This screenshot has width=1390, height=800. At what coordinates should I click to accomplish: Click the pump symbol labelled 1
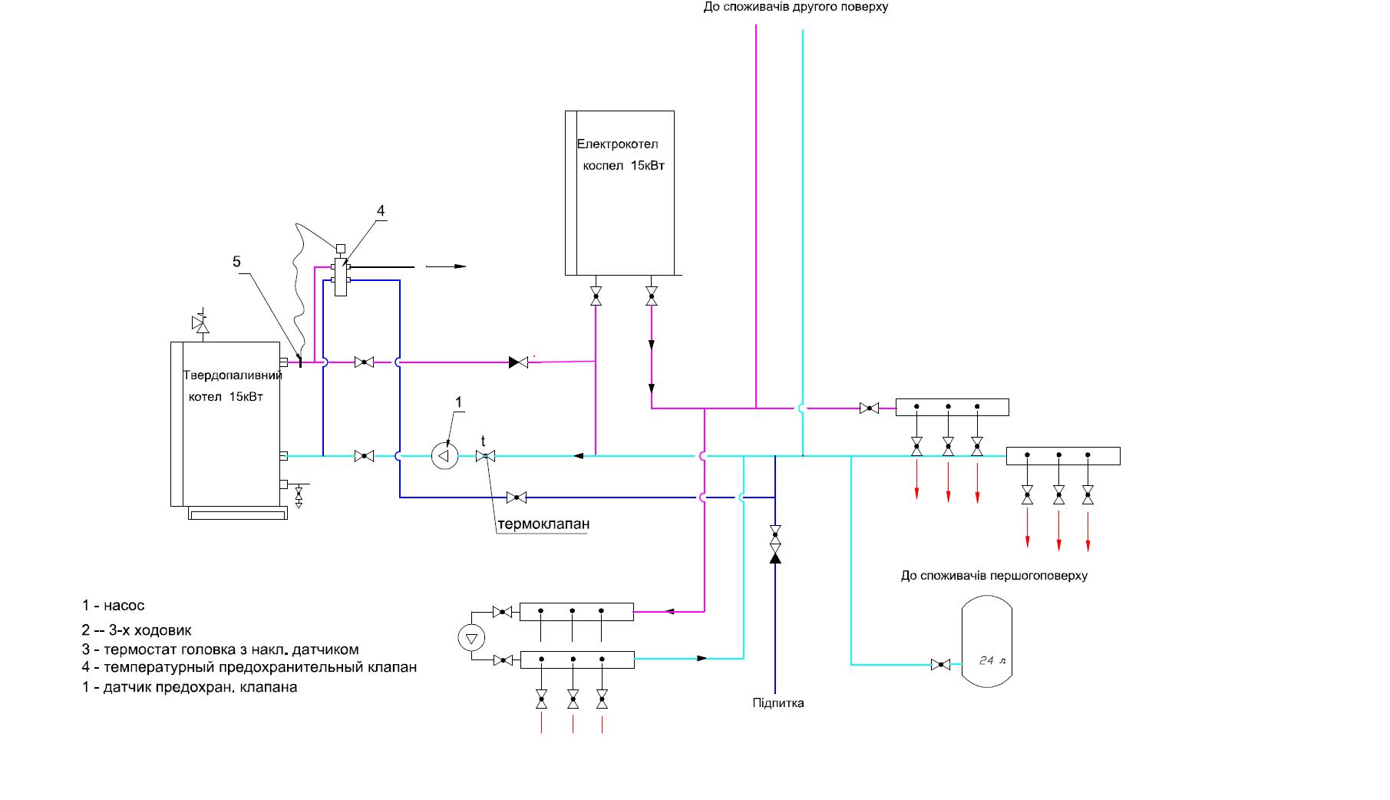coord(444,456)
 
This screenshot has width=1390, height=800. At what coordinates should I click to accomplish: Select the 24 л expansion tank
coord(987,643)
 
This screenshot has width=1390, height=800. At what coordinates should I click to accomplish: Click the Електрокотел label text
coord(617,144)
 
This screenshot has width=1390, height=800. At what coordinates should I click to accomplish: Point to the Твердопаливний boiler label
coord(233,375)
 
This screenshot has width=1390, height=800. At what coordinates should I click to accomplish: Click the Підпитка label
coord(778,702)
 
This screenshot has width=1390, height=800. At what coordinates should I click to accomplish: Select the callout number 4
coord(380,210)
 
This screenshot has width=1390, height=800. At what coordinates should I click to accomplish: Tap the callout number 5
coord(236,262)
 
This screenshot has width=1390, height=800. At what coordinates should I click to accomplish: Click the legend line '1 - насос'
coord(114,605)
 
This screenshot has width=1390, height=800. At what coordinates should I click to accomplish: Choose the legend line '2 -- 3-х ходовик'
coord(137,630)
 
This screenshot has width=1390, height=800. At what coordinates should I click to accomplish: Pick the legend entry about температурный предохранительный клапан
coord(249,667)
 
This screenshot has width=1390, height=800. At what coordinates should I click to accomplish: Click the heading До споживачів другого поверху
coord(795,7)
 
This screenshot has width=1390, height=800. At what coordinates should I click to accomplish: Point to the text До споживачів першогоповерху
coord(994,575)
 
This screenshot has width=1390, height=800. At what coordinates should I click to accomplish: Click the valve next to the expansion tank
coord(940,664)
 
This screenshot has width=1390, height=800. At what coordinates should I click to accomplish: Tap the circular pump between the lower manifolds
coord(471,636)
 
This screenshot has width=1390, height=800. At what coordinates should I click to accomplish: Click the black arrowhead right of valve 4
coord(460,266)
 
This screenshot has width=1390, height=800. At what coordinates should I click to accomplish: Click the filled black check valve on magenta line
coord(519,362)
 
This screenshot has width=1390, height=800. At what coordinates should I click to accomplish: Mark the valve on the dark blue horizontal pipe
coord(517,498)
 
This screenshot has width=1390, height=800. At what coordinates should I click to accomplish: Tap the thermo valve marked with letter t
coord(485,456)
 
